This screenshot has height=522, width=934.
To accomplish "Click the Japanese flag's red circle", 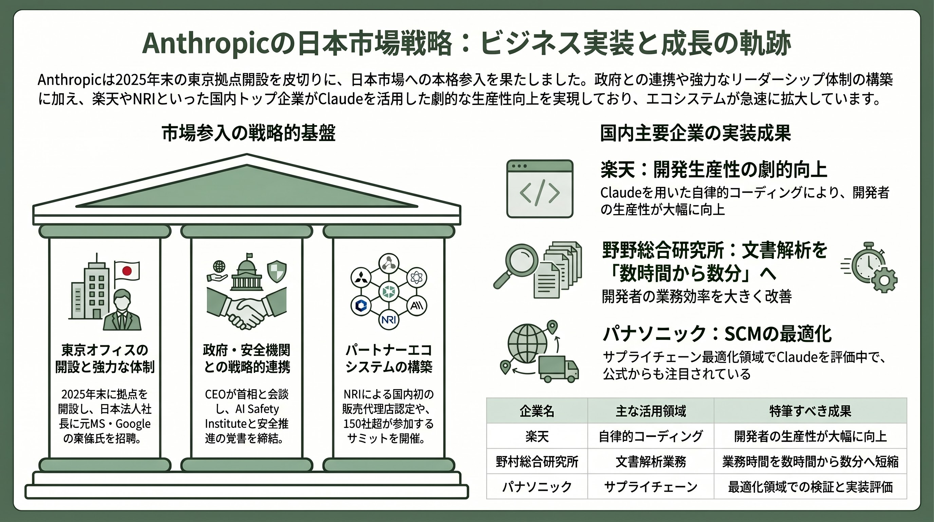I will coord(127,271).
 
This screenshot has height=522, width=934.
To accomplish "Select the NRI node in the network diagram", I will coord(389,320).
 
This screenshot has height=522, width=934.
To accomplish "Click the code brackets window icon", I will coord(540,189).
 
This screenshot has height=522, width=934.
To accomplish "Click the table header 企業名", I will coord(537,411).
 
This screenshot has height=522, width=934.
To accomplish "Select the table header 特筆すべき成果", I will coord(810,411).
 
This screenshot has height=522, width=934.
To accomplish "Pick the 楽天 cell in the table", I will coord(537,436).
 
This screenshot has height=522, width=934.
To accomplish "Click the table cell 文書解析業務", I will coord(651,462).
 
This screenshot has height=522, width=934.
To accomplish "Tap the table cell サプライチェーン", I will coord(651,486).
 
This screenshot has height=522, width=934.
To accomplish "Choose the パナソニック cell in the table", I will coord(537,486).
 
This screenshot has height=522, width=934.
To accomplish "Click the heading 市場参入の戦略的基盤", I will coord(248,133).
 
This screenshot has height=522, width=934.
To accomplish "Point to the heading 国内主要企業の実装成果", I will coord(695,133).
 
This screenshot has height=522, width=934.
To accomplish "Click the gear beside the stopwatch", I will coord(884,280).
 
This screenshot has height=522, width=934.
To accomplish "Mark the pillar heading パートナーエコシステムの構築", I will coord(389,358).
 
